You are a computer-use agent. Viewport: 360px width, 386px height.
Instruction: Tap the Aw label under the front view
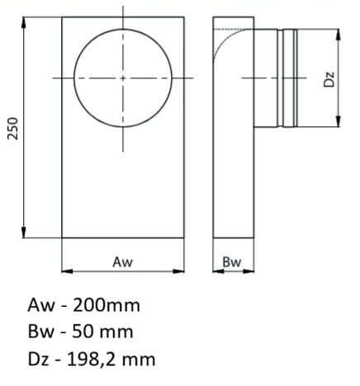click(x=122, y=261)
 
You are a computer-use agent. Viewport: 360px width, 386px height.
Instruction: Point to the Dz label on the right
click(x=328, y=78)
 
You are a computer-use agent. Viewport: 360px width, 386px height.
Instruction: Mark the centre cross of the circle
click(x=122, y=78)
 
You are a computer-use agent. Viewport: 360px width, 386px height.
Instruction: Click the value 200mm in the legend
click(x=108, y=305)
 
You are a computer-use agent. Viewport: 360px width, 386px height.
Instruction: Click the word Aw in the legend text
click(x=39, y=305)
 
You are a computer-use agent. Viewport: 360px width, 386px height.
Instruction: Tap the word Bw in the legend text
click(x=39, y=332)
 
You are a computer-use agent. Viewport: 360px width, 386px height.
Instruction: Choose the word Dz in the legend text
click(x=37, y=360)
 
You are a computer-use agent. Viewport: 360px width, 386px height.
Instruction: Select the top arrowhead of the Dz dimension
click(x=338, y=34)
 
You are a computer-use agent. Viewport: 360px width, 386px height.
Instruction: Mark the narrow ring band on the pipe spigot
click(x=289, y=78)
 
